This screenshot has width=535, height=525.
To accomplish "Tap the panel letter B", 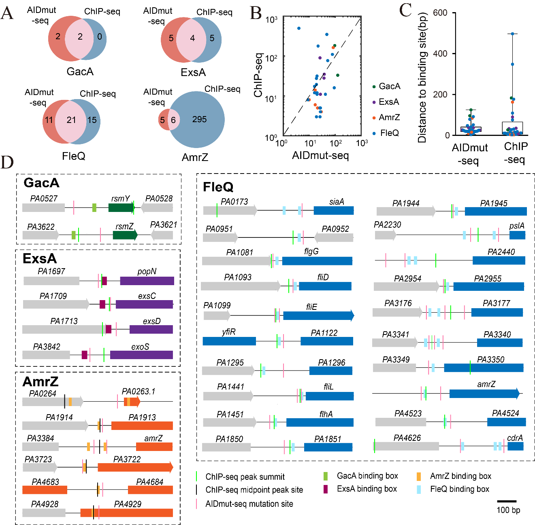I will (256, 13).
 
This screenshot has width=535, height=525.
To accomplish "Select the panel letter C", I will (405, 10).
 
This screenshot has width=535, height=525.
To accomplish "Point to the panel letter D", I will (7, 162).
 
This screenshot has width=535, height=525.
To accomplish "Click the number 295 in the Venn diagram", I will (199, 119).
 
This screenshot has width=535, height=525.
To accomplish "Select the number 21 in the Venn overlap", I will (71, 120).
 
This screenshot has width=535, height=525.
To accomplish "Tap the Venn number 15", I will (92, 120).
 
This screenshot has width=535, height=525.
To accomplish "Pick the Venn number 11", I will (49, 120).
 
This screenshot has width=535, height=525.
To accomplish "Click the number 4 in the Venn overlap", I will (192, 38).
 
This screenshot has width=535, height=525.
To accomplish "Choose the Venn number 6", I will (173, 120).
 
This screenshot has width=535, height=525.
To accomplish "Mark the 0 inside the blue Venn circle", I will (100, 37).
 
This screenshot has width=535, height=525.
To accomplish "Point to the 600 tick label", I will (440, 13).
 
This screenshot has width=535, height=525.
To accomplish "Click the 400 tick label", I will (440, 54).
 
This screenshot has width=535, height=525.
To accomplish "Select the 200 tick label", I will (440, 95).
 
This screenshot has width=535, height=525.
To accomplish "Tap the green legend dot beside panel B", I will (374, 87).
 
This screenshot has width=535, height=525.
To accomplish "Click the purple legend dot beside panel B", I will (374, 102).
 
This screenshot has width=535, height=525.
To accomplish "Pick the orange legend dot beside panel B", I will (374, 118).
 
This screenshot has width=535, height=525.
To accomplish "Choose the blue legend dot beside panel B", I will (374, 133).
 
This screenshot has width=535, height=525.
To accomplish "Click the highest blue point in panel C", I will (512, 34).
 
